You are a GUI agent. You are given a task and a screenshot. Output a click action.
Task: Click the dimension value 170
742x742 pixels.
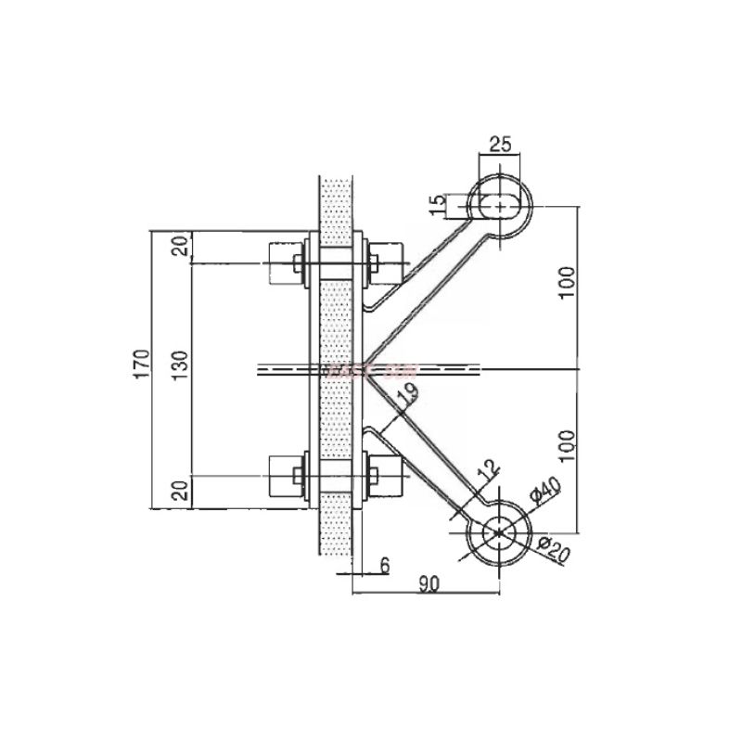pos(142,365)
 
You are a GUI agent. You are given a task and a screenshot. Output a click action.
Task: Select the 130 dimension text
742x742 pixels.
pos(183,365)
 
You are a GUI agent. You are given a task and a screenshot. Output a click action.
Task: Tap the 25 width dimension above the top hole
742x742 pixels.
pos(501,145)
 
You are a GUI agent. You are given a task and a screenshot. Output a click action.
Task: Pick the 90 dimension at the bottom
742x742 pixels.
pos(428,583)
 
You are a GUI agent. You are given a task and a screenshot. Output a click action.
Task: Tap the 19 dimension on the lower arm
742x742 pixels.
pos(406,393)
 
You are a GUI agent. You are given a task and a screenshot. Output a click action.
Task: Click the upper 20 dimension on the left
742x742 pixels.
pos(182,246)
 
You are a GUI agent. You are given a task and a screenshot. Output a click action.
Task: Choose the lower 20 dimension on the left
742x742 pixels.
pos(182,489)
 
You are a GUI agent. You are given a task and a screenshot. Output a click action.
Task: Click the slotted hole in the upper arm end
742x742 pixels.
pos(501,204)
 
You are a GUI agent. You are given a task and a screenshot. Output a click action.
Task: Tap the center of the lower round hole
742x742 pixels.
pos(500,531)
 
